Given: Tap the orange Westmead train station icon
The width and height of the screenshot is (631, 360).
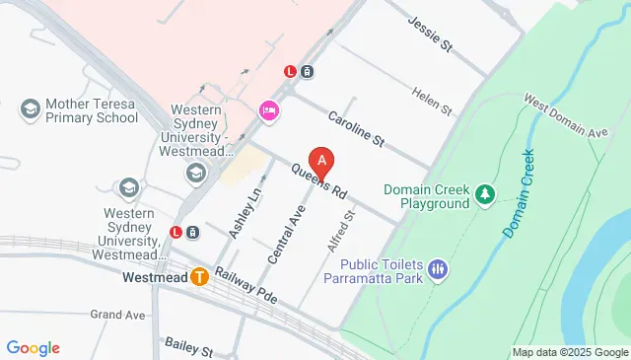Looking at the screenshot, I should point(200,277).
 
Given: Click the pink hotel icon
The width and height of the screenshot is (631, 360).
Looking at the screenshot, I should point(267,110).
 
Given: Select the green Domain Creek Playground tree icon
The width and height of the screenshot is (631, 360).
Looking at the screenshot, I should point(484,194).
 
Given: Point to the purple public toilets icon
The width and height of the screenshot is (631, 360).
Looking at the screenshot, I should point(439,267).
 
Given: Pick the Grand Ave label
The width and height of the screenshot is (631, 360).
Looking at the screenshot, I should point(117,315).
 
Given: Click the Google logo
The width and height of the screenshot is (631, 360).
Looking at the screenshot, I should point(33,347).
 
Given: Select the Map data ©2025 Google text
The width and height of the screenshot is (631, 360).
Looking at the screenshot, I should point(569,352).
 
